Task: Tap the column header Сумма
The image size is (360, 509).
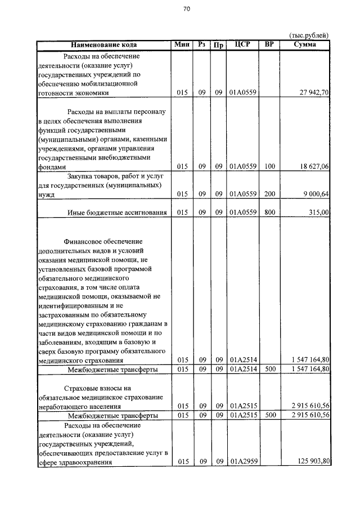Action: [304, 44]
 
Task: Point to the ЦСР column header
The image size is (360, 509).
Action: [242, 44]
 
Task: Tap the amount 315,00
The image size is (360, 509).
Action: [318, 213]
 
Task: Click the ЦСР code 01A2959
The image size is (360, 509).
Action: [242, 462]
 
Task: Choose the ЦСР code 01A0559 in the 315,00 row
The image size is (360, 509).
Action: [242, 213]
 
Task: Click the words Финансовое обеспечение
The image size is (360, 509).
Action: [103, 241]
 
